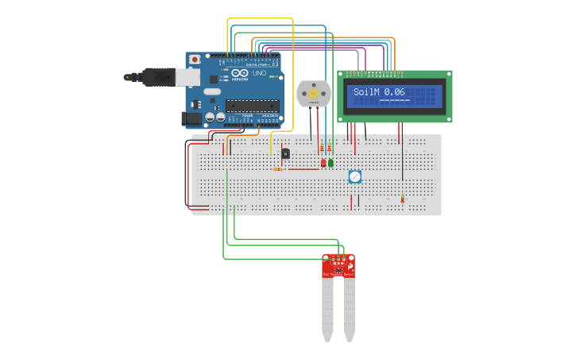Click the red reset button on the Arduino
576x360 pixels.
pos(195,60)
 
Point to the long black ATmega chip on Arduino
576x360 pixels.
pos(252,105)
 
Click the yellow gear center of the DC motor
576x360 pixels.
pos(313,93)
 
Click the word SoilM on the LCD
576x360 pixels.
pos(366,92)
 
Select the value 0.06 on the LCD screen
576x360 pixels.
pos(394,92)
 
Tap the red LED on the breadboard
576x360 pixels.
pos(323,163)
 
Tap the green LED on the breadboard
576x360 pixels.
pos(331,163)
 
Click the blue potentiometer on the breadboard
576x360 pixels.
pos(355,176)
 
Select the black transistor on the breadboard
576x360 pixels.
pos(285,153)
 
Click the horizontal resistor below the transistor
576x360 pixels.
pos(278,168)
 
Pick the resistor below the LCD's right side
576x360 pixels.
pos(402,199)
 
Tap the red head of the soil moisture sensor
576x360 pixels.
pos(338,265)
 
